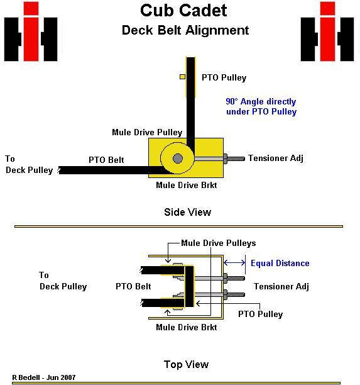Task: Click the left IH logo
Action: click(x=31, y=31)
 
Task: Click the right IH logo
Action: click(x=327, y=31)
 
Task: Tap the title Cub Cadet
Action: click(x=183, y=11)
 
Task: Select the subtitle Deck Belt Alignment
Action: click(x=185, y=30)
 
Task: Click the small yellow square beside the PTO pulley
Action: click(x=182, y=77)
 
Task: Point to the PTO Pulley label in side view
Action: click(x=224, y=78)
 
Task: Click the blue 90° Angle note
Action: click(x=261, y=106)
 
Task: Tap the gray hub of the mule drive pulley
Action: click(x=178, y=159)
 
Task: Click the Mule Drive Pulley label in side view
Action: click(x=147, y=132)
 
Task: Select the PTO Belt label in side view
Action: click(x=106, y=160)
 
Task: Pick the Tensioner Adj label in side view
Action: click(x=276, y=159)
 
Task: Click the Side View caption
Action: click(x=188, y=212)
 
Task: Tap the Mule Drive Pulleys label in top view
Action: click(x=219, y=243)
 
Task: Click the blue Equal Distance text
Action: click(x=280, y=263)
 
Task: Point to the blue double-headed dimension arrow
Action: click(x=234, y=263)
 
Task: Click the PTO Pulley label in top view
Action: click(x=261, y=314)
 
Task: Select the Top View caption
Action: click(x=186, y=364)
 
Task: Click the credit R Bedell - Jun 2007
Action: click(x=44, y=377)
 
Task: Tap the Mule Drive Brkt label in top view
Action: click(x=187, y=327)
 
